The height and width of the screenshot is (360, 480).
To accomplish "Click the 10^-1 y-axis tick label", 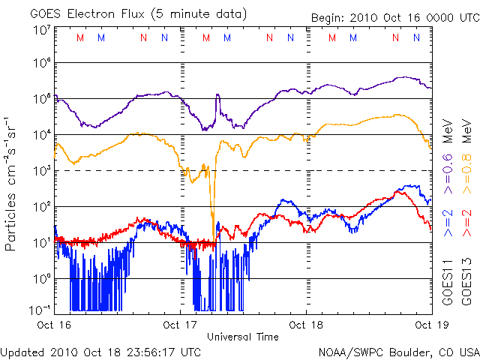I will point(40,309).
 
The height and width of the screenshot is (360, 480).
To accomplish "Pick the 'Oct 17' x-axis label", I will point(180,325).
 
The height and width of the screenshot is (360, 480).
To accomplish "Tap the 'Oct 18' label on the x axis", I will point(306,325).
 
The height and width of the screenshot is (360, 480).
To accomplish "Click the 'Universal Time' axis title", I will point(243,337).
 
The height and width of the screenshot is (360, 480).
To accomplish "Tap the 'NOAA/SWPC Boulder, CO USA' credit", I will point(398,351).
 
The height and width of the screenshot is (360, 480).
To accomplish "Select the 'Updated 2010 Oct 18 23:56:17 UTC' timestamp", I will point(101,351).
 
